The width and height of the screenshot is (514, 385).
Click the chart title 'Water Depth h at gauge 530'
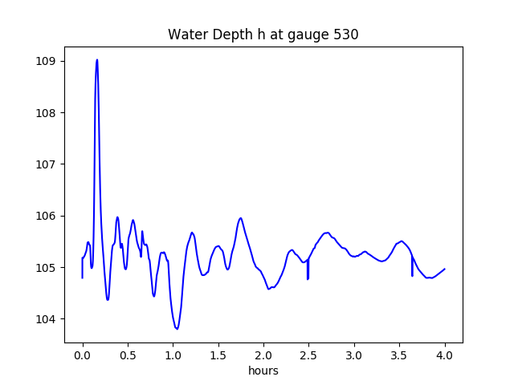coord(263,35)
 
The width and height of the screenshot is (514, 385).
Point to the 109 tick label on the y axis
coord(47,61)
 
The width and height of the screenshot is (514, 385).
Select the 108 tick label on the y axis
coord(47,112)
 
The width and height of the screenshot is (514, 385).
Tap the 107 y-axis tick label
coord(47,164)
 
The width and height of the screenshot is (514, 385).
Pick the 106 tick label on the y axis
coord(47,216)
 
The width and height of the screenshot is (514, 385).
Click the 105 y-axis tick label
coord(47,267)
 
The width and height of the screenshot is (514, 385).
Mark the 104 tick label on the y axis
coord(47,319)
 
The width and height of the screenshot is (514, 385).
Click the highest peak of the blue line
coord(97,59)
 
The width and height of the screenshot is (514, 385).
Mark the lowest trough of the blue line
coord(177,329)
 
